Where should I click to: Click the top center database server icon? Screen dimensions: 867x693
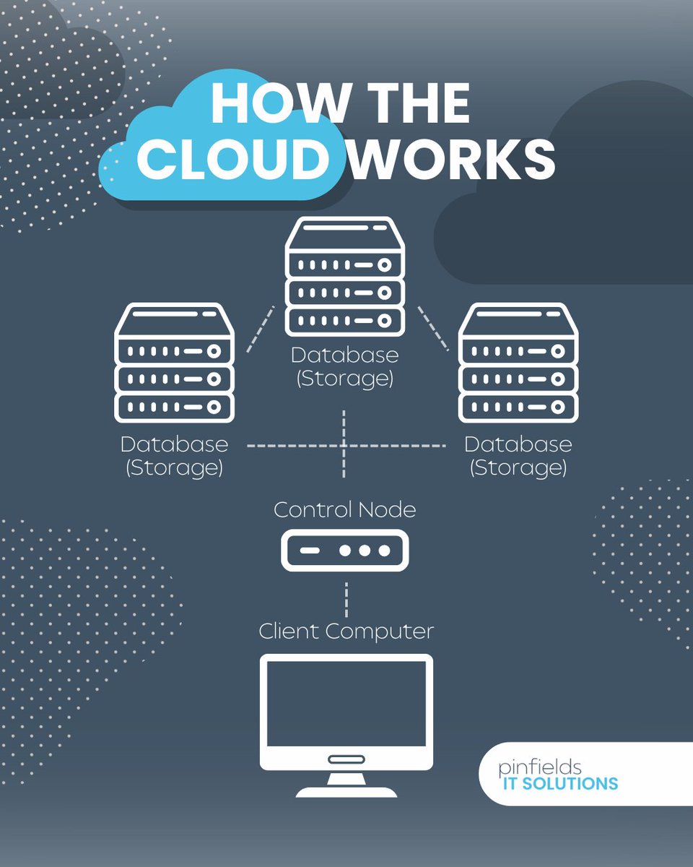(344, 278)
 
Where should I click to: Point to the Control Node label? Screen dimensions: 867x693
(344, 509)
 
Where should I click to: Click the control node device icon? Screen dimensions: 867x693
(344, 550)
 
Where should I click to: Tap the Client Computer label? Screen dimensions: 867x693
(346, 631)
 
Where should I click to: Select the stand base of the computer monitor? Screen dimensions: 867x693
(346, 790)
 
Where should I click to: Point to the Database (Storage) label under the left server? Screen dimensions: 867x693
(174, 455)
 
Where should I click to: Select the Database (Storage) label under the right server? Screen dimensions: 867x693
(518, 455)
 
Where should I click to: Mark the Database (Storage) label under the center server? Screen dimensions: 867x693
(344, 367)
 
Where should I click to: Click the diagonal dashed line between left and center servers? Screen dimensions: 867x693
(261, 329)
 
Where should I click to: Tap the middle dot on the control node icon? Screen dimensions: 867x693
(365, 551)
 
